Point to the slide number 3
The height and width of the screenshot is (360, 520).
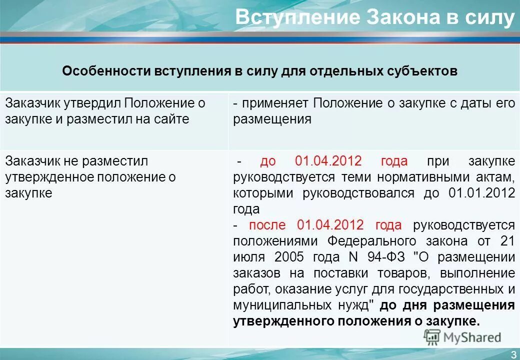[513, 354]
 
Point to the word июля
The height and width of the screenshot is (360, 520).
[249, 257]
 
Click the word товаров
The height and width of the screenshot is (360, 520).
[404, 273]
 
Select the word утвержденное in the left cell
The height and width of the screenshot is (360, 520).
[49, 177]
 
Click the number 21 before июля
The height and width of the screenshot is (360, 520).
[506, 241]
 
